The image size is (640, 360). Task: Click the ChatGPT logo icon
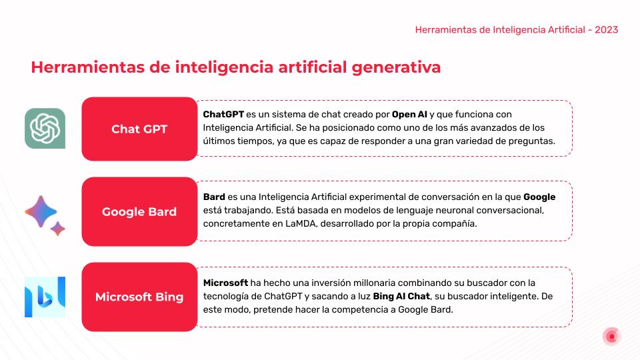tap(45, 128)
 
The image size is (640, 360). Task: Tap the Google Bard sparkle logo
tap(44, 214)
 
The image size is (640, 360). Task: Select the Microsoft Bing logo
tap(45, 297)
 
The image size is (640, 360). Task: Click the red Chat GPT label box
tap(139, 129)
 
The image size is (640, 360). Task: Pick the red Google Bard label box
tap(139, 212)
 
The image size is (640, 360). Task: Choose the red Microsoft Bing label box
tap(139, 297)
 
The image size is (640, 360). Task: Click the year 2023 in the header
tap(607, 30)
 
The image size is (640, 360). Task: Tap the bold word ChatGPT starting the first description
tap(223, 114)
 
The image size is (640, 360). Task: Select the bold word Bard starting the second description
tap(214, 197)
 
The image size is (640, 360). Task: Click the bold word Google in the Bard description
tap(539, 197)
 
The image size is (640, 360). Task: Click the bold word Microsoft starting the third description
tap(225, 283)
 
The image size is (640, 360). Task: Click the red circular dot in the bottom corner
tap(611, 337)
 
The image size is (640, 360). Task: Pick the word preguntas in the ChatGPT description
tap(531, 141)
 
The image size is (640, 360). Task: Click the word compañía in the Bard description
tap(453, 224)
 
